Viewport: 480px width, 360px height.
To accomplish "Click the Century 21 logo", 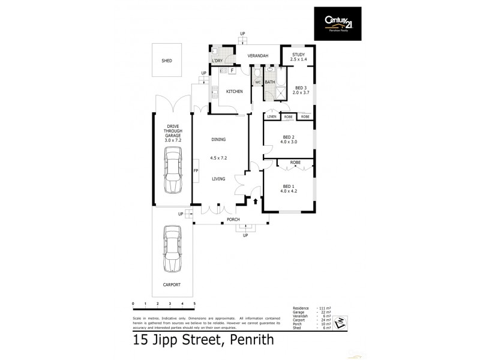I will [x=338, y=24].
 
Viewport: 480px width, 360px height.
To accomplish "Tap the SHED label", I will [x=167, y=61].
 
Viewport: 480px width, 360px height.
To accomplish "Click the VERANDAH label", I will [x=258, y=56].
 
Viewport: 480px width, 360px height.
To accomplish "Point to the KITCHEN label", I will [x=234, y=91].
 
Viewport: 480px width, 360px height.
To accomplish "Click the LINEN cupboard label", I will [x=272, y=116].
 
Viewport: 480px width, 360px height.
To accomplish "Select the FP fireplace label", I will [x=196, y=171].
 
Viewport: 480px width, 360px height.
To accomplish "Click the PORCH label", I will [x=234, y=219].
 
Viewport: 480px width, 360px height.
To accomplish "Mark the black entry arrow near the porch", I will [x=256, y=202].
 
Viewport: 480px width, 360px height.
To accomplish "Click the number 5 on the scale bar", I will [x=195, y=304].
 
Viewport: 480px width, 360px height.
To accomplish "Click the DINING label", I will [x=218, y=140].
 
